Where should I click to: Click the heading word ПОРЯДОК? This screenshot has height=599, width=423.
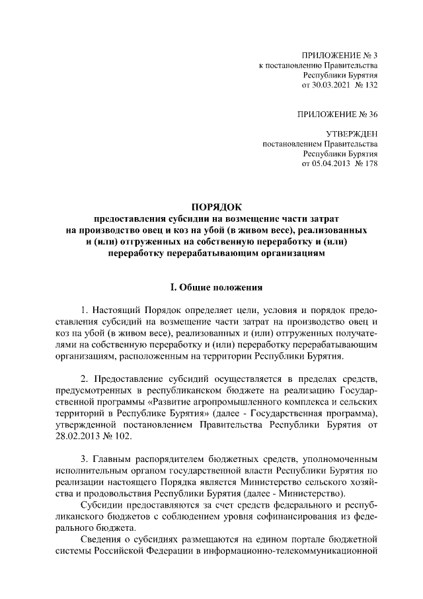[x=212, y=206]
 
